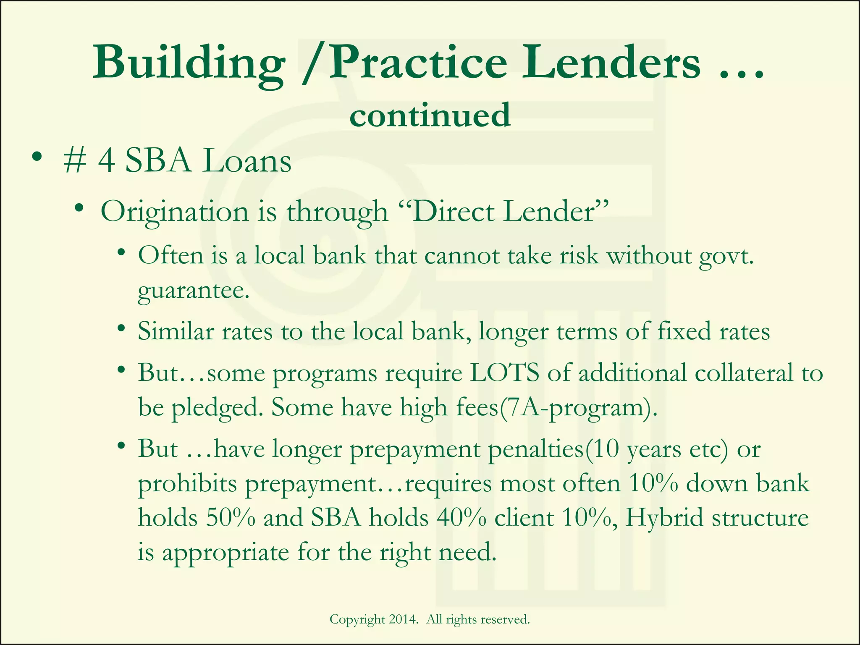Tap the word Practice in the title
pos(418,63)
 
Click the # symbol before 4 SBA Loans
pos(74,161)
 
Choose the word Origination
pos(174,212)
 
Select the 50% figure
pos(231,518)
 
